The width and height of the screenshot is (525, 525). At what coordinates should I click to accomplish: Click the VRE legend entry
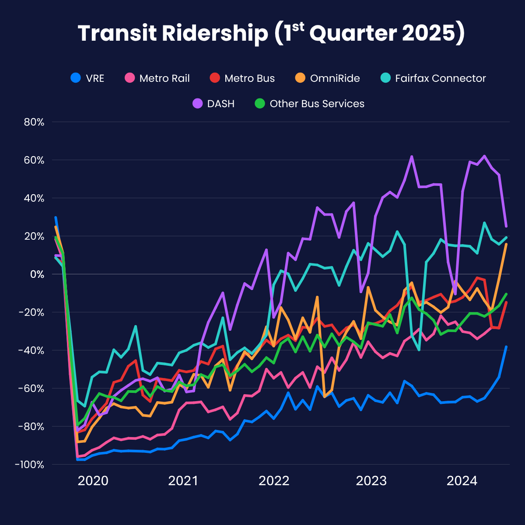click(x=87, y=78)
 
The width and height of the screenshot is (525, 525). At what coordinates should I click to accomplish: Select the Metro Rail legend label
click(x=157, y=78)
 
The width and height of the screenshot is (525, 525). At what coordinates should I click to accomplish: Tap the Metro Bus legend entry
click(x=242, y=78)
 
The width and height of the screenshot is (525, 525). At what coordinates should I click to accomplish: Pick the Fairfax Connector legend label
click(x=434, y=78)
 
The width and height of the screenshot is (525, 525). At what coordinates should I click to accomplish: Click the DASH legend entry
click(x=214, y=104)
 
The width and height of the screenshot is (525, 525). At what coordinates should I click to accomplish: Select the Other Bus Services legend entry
click(x=310, y=104)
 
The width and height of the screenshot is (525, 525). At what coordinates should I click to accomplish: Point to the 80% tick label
click(x=34, y=122)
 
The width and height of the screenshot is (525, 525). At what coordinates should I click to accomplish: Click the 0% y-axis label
click(x=37, y=274)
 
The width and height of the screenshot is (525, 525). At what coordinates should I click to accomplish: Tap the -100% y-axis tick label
click(x=30, y=465)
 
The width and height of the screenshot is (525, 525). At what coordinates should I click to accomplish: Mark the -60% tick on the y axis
click(x=32, y=388)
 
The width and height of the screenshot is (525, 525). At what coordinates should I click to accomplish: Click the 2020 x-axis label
click(x=93, y=481)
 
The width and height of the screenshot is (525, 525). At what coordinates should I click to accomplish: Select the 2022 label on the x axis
click(x=274, y=481)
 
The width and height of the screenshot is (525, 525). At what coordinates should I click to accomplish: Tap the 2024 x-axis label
click(x=462, y=481)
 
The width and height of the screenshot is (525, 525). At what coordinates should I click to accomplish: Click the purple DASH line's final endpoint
click(x=506, y=226)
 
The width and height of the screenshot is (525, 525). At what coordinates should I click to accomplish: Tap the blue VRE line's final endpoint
click(x=506, y=347)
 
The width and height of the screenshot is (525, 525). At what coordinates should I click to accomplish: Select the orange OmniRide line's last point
click(x=506, y=244)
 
